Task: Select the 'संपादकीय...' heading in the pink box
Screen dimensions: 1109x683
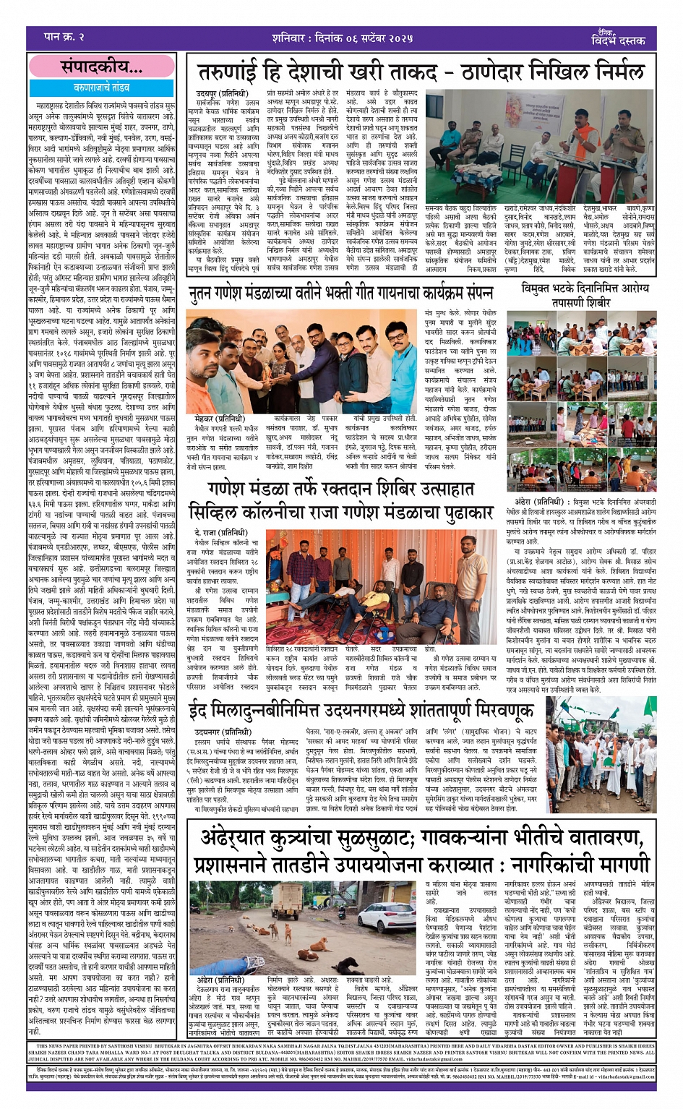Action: (x=100, y=67)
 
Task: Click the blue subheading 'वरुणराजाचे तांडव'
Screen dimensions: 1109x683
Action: (x=100, y=87)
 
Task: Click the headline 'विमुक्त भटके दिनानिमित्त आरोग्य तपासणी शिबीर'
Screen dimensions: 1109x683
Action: (x=585, y=295)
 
